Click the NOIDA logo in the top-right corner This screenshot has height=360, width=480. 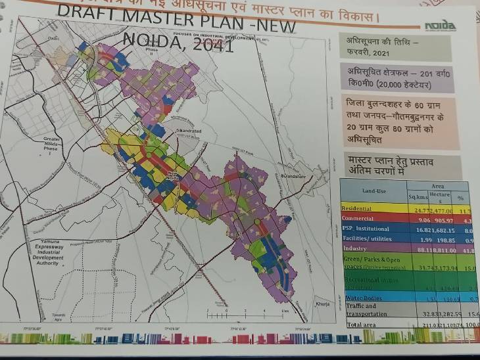point(439,26)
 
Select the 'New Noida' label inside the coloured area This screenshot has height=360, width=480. point(172,175)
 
